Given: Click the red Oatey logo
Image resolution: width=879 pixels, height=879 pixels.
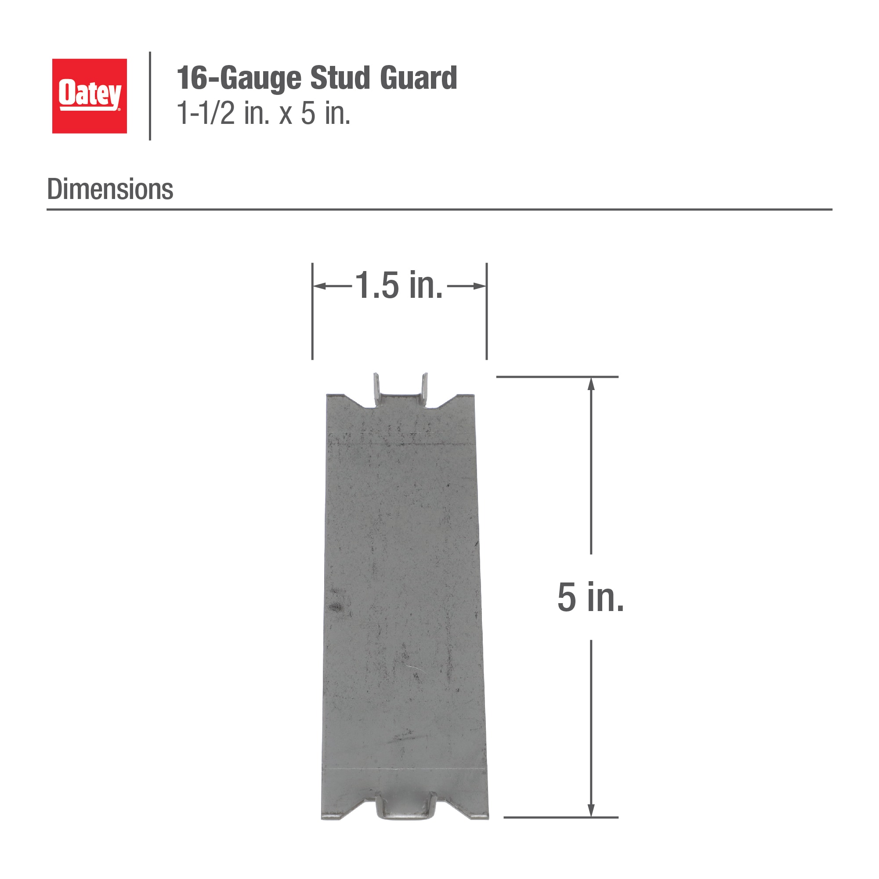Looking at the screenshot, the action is [x=90, y=96].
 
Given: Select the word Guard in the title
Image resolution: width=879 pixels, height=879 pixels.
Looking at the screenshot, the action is [x=419, y=78].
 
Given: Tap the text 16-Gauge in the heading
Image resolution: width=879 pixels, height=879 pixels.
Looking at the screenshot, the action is [x=239, y=79].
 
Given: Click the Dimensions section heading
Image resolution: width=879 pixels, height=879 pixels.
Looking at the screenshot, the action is [x=110, y=189].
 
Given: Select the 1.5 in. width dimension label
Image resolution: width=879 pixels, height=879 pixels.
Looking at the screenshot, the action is [x=399, y=285].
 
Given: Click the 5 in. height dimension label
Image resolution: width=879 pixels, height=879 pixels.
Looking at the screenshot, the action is [x=590, y=597].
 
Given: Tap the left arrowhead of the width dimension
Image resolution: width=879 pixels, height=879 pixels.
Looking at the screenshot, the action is [x=319, y=286].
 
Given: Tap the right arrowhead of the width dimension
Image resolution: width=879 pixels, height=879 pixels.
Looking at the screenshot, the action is [x=480, y=286].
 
